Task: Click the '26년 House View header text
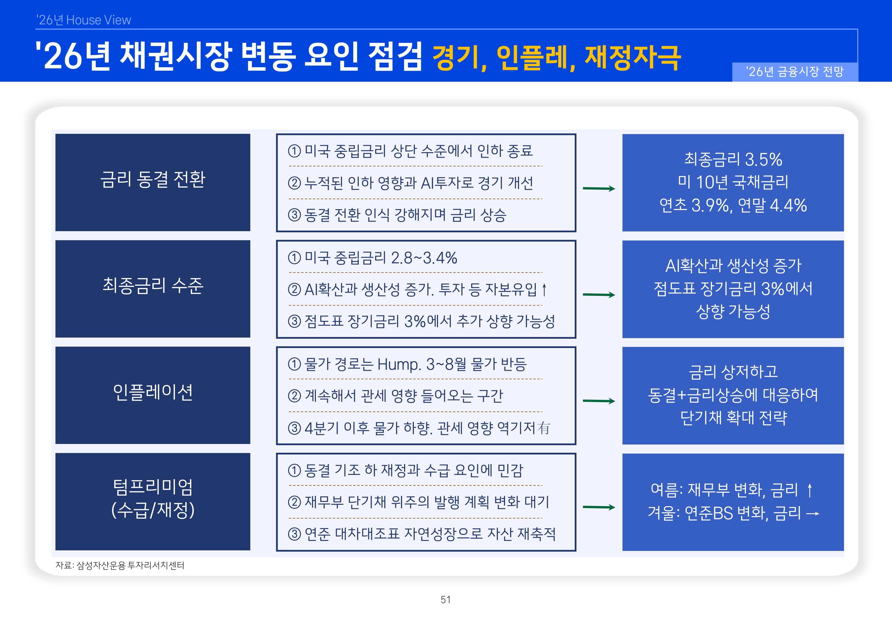[83, 20]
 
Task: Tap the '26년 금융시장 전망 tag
[795, 72]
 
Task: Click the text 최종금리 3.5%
[733, 160]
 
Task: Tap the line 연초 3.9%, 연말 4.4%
[733, 205]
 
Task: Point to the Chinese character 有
[543, 428]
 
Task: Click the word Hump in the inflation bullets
[399, 364]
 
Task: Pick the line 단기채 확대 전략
[733, 418]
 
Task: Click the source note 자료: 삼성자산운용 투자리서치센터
[120, 565]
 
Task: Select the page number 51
[446, 600]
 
